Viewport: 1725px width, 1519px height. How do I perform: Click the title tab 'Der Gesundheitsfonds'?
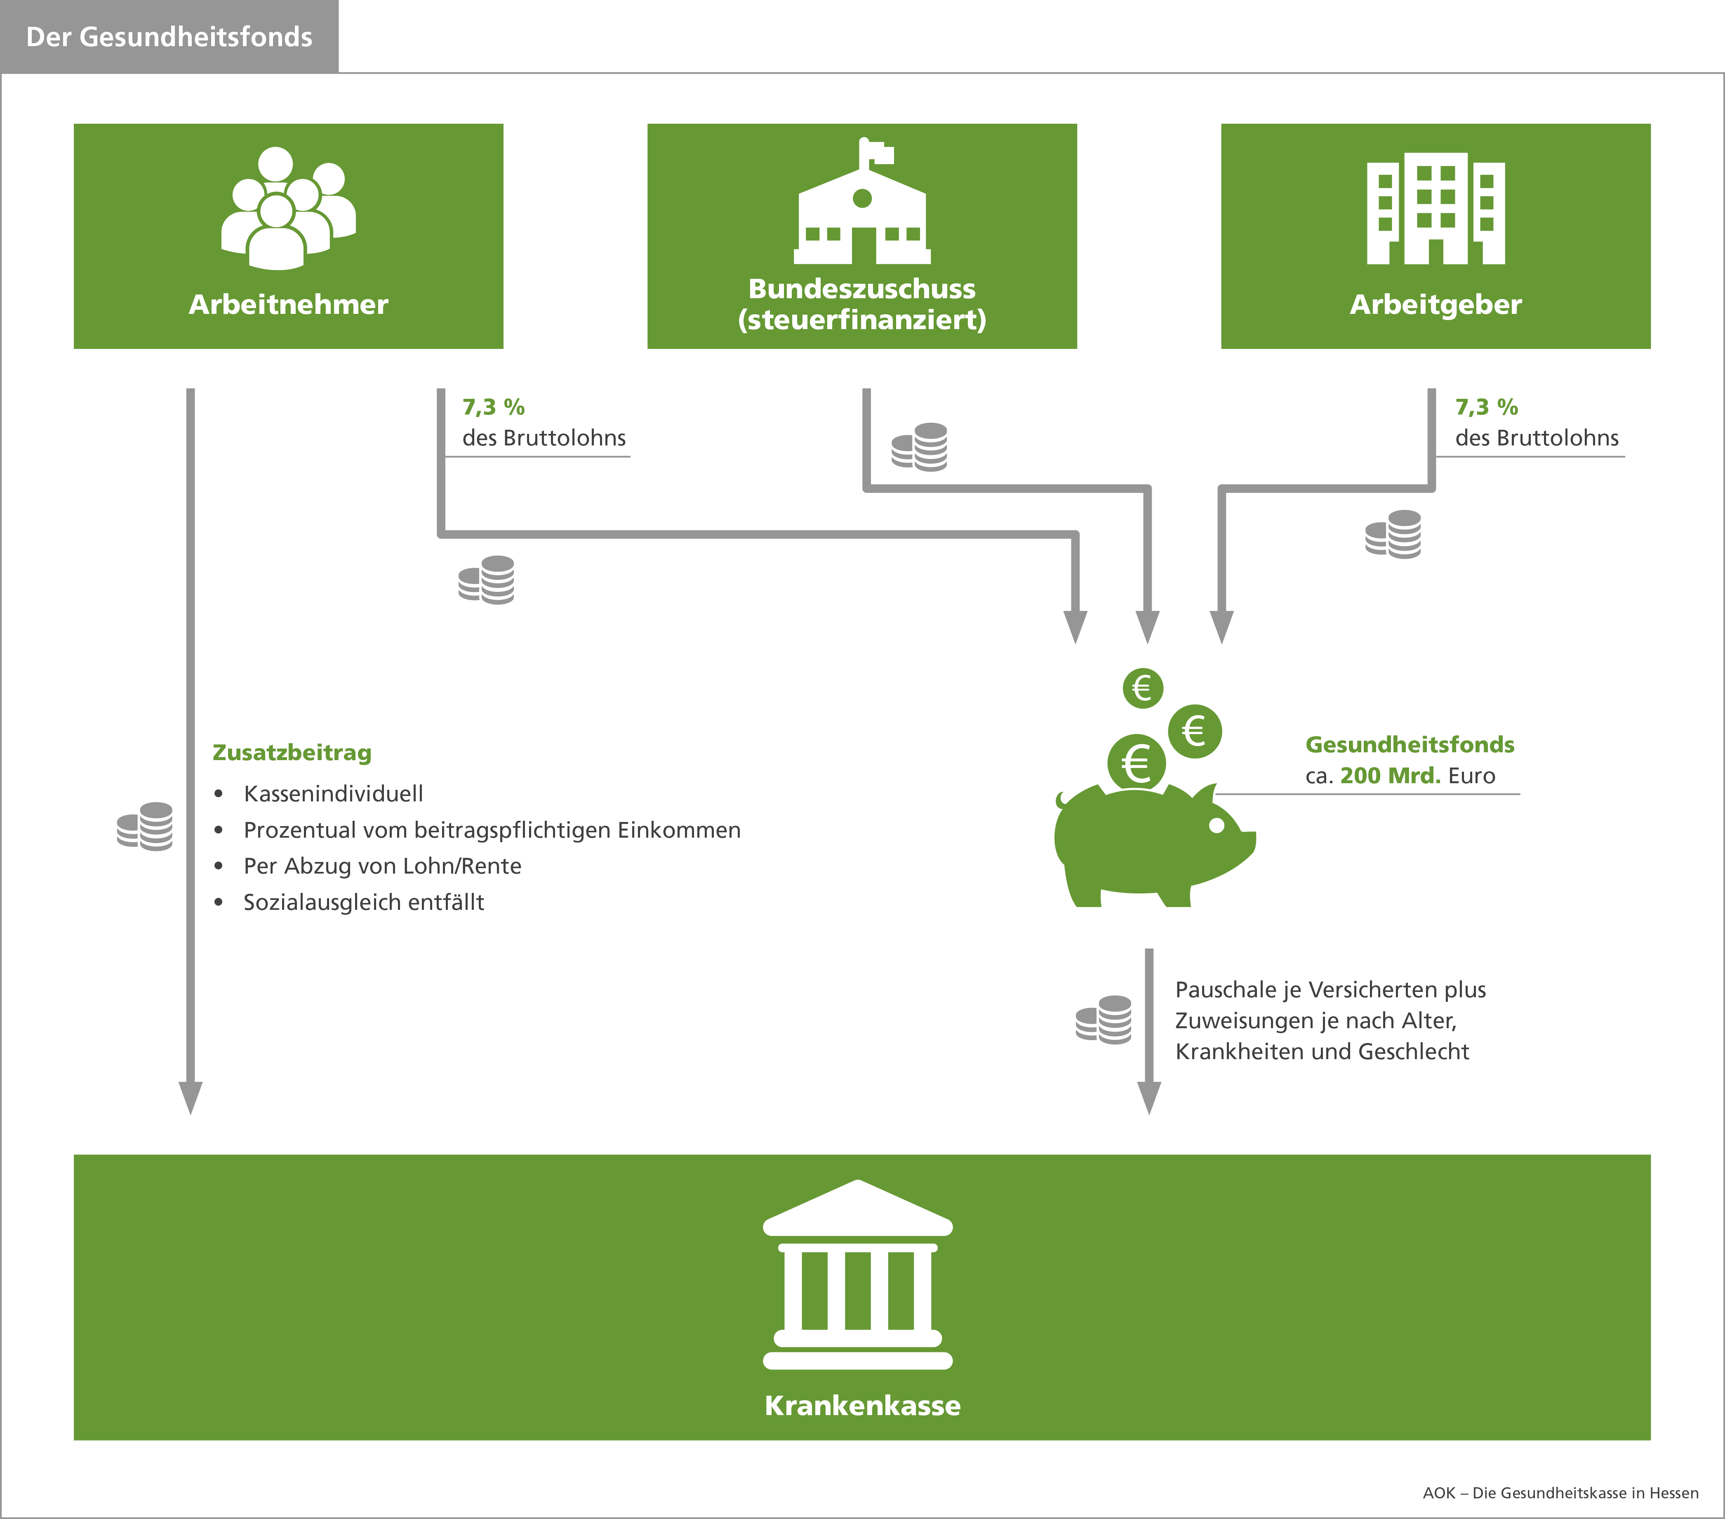(169, 36)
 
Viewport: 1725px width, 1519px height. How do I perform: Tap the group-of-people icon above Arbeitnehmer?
(289, 208)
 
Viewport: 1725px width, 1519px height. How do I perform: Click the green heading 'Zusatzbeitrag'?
(292, 752)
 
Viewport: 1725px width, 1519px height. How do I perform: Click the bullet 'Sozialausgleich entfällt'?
(364, 902)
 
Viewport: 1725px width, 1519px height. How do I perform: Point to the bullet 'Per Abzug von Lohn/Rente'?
(382, 866)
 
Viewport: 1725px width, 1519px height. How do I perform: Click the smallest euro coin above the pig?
(1143, 688)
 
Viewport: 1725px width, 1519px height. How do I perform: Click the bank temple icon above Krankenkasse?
(857, 1274)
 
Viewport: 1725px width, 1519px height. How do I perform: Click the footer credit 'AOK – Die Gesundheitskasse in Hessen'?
(1560, 1493)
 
